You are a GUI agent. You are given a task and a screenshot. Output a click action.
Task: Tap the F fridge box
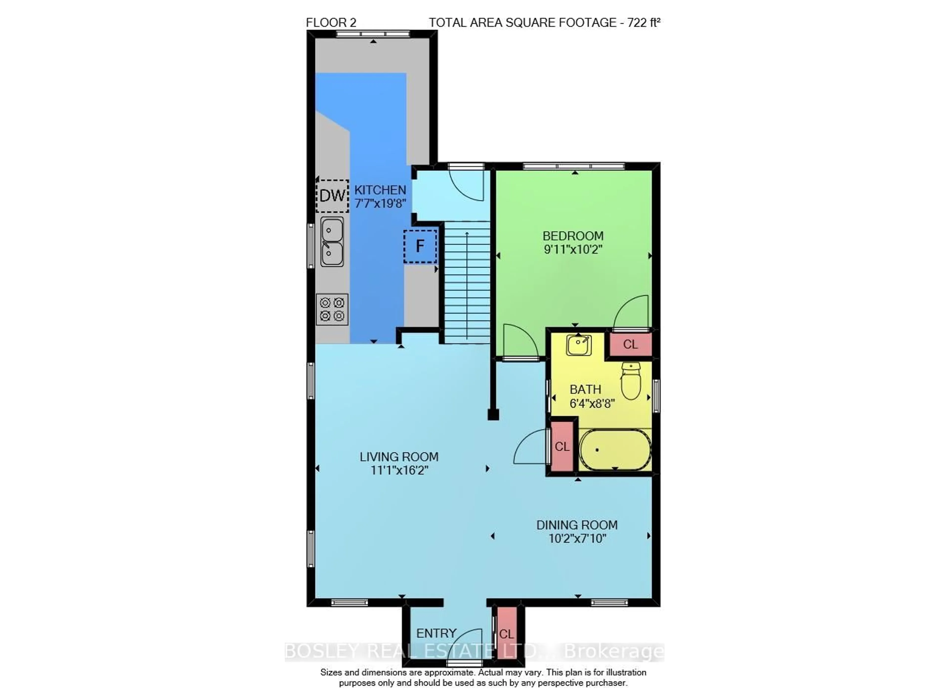(x=420, y=246)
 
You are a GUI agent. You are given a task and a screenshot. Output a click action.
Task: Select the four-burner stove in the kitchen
(x=332, y=309)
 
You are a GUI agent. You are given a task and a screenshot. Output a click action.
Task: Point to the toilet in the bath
(x=631, y=381)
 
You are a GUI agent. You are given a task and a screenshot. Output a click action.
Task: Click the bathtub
(x=615, y=450)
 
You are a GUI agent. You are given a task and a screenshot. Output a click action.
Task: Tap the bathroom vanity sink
(x=579, y=344)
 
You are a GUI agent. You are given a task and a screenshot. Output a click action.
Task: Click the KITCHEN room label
(x=380, y=190)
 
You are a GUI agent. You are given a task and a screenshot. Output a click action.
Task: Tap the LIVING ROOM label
(x=399, y=457)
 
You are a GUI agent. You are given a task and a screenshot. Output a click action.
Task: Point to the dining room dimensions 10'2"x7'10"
(x=577, y=539)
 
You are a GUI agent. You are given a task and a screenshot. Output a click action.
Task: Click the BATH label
(x=585, y=389)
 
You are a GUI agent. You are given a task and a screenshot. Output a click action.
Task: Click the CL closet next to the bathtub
(x=562, y=446)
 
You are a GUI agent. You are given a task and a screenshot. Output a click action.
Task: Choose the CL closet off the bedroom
(x=630, y=344)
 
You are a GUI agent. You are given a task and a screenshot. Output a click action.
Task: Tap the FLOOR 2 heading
(x=331, y=22)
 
